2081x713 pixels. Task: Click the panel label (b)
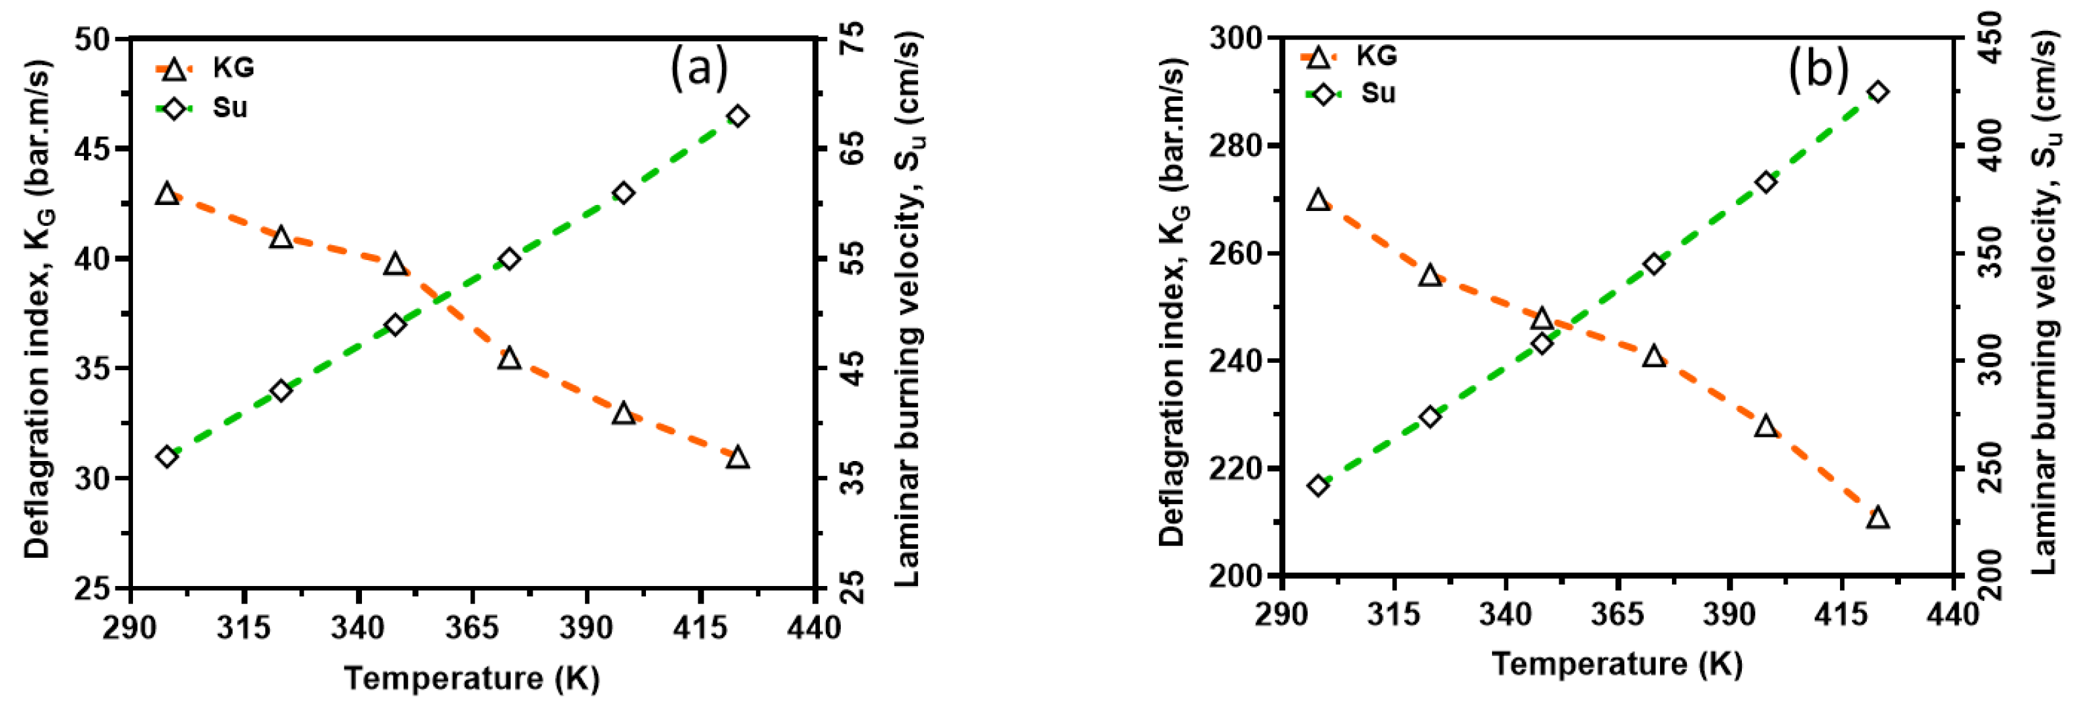click(1818, 69)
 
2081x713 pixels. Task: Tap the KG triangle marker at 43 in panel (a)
click(167, 194)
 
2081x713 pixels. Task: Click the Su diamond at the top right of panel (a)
click(737, 116)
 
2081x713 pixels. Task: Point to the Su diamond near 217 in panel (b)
click(1318, 486)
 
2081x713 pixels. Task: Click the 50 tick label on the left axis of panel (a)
click(94, 39)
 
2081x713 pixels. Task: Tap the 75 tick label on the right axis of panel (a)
click(852, 39)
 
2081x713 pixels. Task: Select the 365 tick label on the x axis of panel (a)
click(472, 627)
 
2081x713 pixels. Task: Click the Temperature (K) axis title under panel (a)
click(472, 677)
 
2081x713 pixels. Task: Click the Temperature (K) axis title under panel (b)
click(1617, 664)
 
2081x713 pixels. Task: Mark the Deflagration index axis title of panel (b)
click(1174, 303)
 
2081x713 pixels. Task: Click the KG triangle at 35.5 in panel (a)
click(509, 358)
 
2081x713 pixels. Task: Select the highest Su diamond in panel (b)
click(1878, 92)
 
